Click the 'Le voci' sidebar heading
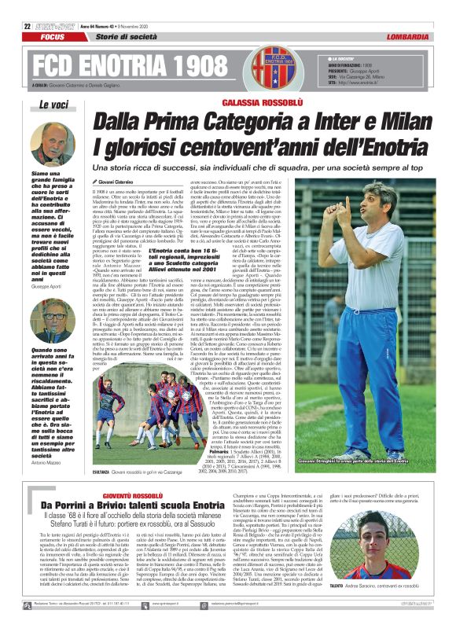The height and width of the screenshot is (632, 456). click(53, 105)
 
